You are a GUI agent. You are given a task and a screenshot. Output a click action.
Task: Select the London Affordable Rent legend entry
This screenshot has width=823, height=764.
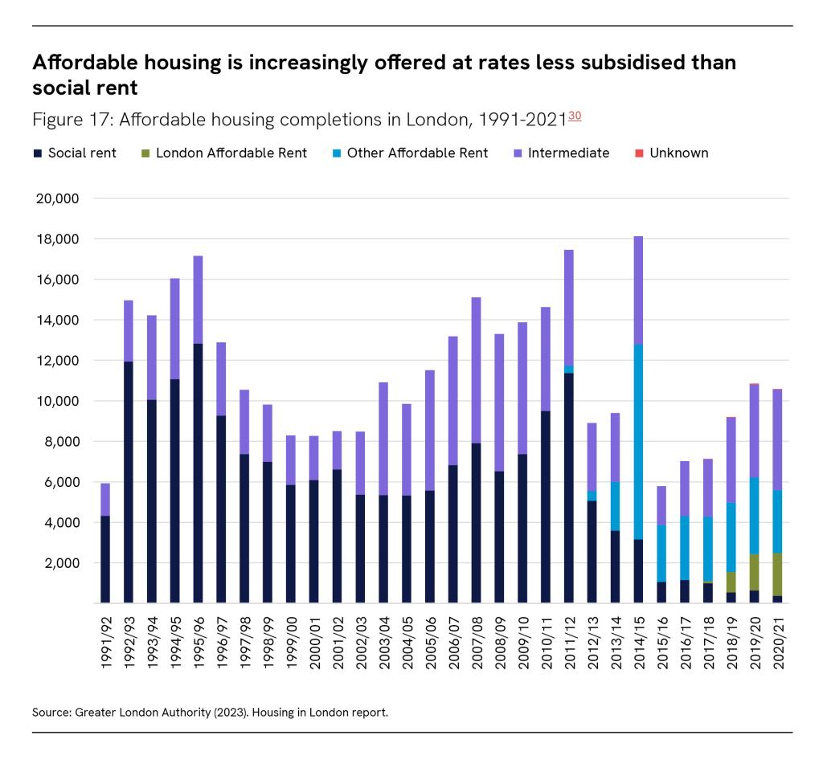tap(224, 153)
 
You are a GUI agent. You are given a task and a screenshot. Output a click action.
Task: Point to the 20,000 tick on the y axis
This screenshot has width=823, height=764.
tap(57, 198)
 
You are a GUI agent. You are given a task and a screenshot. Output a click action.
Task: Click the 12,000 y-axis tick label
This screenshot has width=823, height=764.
tap(57, 361)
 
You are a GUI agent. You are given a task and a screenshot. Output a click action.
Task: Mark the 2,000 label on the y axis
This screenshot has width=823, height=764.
tap(60, 563)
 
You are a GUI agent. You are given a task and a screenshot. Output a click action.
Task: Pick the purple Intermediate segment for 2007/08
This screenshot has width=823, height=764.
tap(477, 370)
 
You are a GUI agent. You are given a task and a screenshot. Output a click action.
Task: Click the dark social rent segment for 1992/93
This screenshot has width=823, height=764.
tap(129, 482)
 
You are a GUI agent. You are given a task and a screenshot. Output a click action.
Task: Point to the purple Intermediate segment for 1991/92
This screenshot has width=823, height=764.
tap(105, 499)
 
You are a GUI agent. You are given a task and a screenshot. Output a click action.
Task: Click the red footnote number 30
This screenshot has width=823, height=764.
tap(575, 116)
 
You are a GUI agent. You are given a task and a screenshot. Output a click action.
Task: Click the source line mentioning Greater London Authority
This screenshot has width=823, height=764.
tap(211, 713)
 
